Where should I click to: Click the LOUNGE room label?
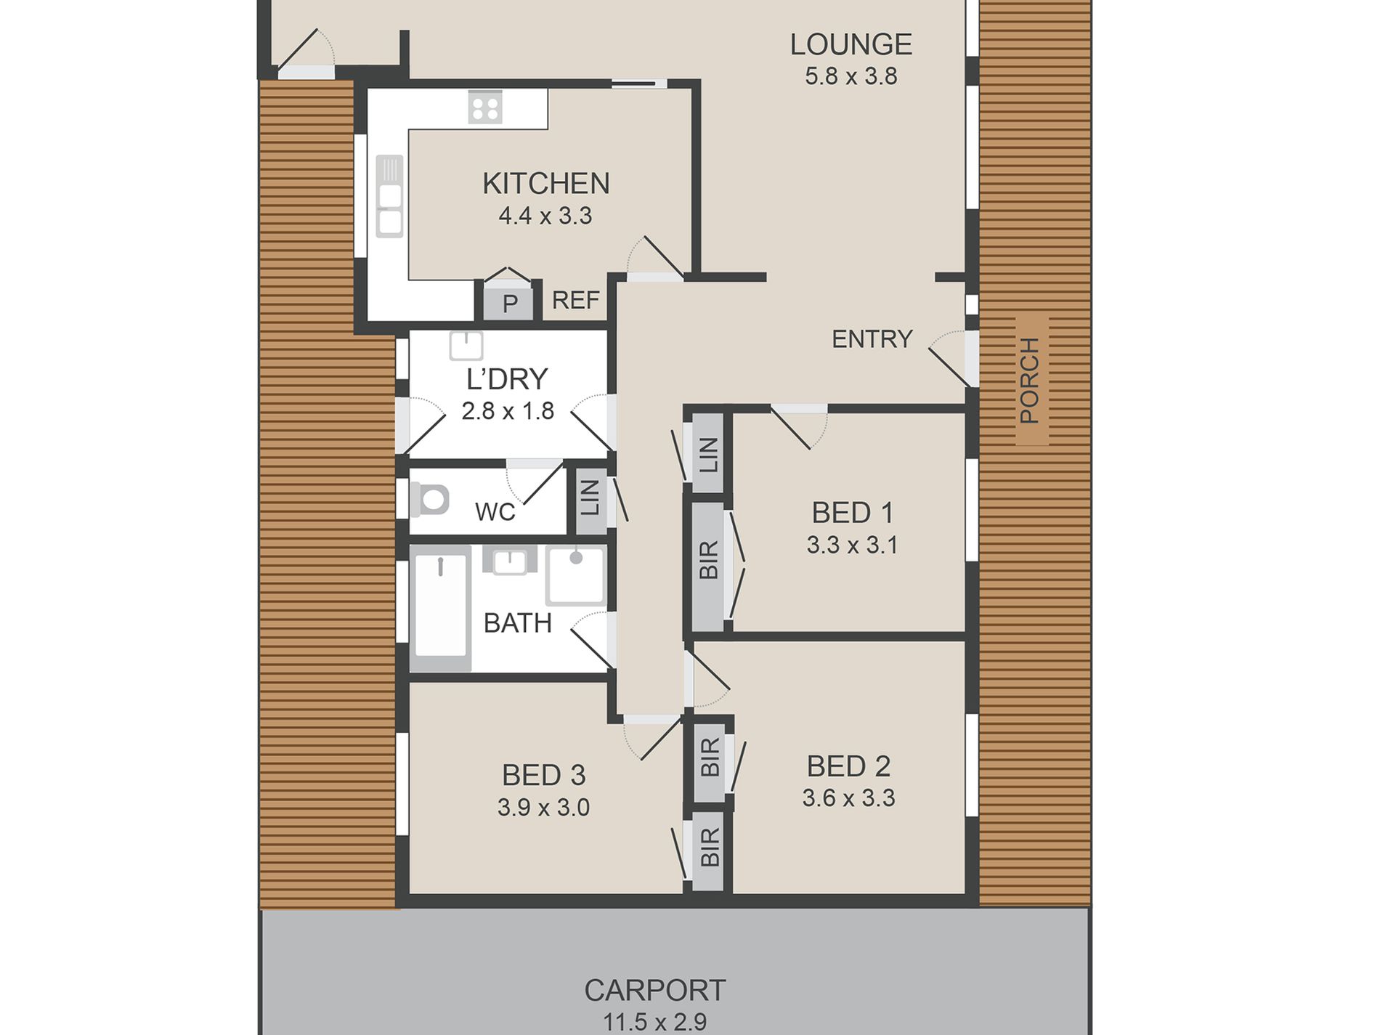coord(851,44)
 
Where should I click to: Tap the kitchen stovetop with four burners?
coord(484,107)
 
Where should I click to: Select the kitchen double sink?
coord(389,196)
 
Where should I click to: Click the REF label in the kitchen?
coord(576,300)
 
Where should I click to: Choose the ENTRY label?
coord(872,338)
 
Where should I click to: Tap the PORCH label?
coord(1030,380)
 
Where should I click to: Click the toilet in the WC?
coord(429,499)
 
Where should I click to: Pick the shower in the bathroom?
coord(576,577)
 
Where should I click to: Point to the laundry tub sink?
coord(466,346)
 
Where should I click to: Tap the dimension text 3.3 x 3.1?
coord(852,545)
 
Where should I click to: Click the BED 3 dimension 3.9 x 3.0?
coord(543,807)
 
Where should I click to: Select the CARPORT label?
coord(655,990)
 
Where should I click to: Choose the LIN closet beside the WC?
coord(590,498)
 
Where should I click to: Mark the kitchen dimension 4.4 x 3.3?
coord(545,216)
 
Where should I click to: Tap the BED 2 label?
coord(848,766)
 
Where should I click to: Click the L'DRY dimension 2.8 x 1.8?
coord(508,411)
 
